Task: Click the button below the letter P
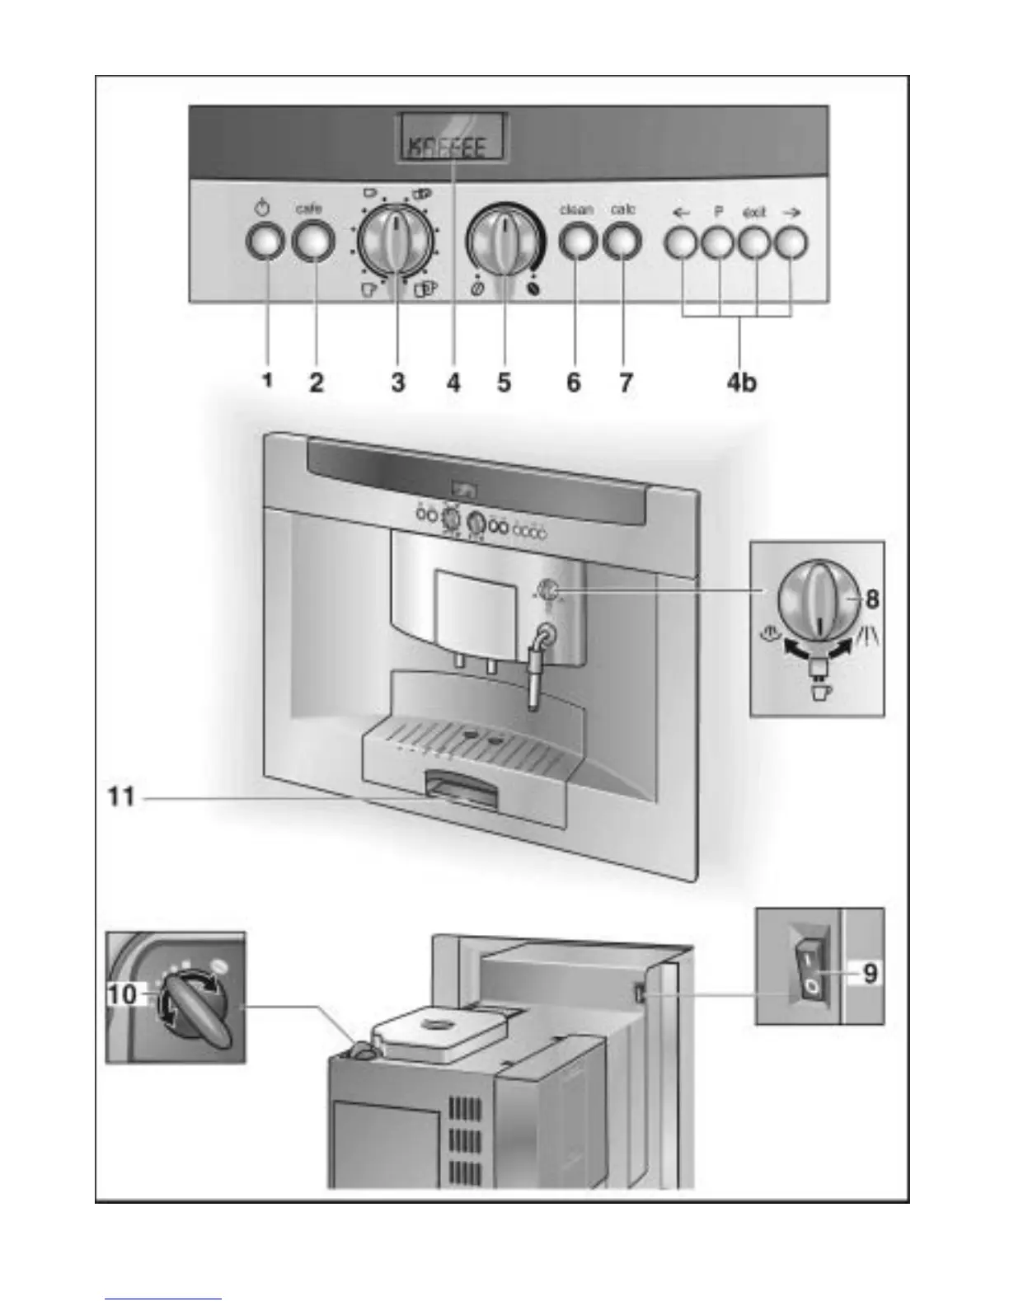click(717, 242)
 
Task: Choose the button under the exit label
click(754, 242)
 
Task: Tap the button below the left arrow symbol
click(681, 242)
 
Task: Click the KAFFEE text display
click(453, 146)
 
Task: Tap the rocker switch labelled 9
click(810, 965)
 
